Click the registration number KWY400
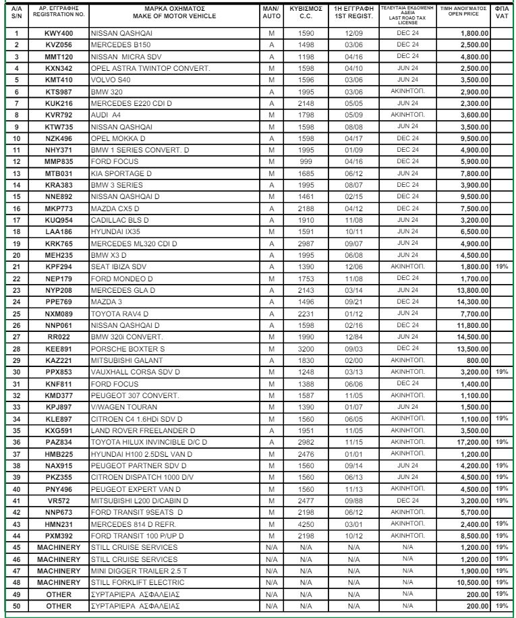pos(59,33)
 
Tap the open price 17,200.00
pos(471,441)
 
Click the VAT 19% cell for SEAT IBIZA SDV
pos(502,266)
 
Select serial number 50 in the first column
pos(16,607)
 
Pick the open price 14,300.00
pos(471,298)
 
